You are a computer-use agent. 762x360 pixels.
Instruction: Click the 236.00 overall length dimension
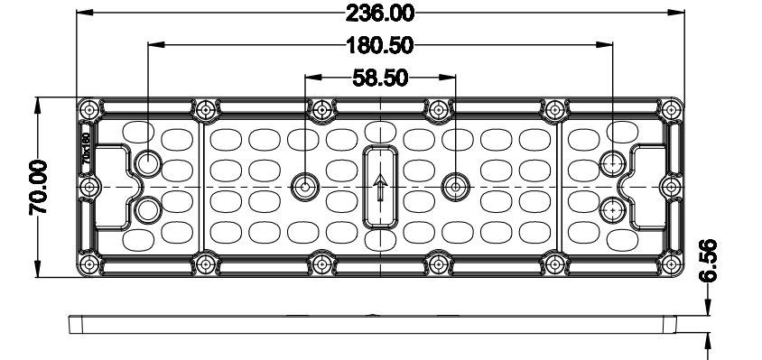tap(380, 13)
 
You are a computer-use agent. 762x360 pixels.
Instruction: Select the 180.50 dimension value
tap(379, 44)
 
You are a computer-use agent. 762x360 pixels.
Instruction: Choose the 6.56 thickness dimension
tap(710, 261)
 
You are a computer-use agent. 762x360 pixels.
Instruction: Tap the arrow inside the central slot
tap(380, 189)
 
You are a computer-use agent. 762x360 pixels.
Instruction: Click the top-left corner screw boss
tap(90, 109)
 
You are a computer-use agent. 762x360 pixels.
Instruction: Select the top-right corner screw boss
tap(673, 109)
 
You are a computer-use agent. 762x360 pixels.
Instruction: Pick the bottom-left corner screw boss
tap(90, 263)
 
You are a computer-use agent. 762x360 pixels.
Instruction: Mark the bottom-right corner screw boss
tap(673, 263)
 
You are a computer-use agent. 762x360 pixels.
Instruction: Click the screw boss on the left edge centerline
tap(90, 186)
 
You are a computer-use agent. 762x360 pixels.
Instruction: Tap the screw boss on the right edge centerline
tap(672, 186)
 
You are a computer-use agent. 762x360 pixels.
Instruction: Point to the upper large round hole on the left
tap(148, 163)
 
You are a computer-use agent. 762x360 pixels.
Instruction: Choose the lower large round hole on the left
tap(148, 210)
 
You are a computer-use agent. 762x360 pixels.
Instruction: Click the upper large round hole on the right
tap(614, 163)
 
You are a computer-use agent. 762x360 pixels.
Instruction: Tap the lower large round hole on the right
tap(614, 210)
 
